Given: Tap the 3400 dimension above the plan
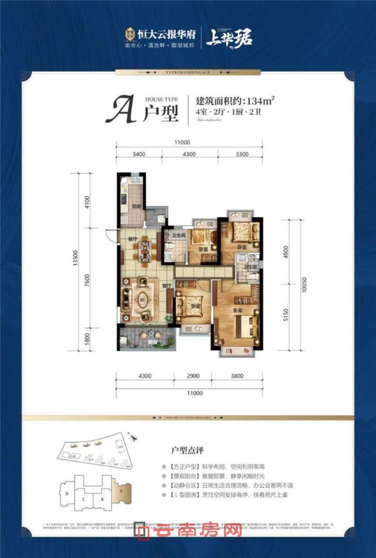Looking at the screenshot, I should pos(139,155).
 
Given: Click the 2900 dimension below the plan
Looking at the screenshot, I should pos(193,376).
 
